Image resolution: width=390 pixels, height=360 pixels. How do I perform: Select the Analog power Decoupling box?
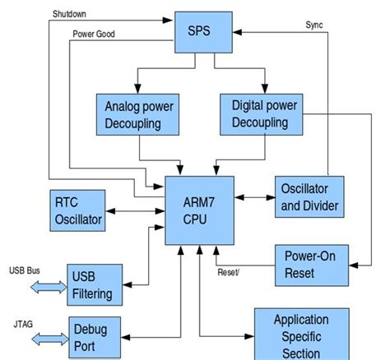pos(138,113)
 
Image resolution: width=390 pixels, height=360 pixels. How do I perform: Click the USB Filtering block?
pos(95,284)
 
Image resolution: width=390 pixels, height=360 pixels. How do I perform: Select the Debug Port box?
pos(94,336)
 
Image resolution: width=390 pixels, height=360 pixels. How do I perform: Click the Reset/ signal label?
pos(230,272)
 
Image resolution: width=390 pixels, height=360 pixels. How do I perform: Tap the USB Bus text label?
pos(24,269)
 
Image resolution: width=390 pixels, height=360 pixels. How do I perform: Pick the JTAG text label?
pos(21,323)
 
